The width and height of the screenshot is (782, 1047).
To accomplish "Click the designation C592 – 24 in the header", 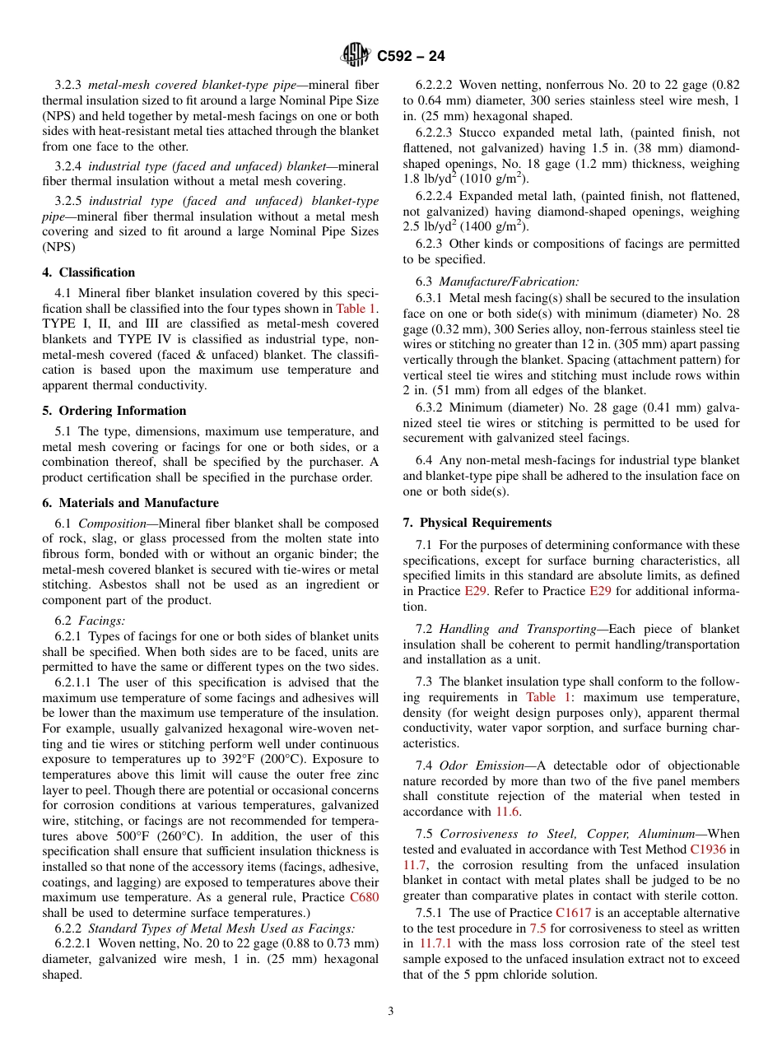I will coord(411,57).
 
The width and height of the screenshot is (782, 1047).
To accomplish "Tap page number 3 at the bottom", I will coord(391,1012).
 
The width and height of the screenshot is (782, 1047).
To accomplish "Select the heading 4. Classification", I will coord(89,272).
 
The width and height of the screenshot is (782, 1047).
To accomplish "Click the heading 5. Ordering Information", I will coord(114,411).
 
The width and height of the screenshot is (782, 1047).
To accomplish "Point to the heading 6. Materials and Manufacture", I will coord(131,503).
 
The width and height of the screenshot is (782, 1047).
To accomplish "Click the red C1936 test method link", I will coord(708,849).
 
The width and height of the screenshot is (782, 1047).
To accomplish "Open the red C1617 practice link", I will coord(572,913).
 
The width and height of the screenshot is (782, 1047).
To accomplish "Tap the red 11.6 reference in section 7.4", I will coord(507,812).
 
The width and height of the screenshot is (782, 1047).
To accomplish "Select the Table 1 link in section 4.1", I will coord(357,308).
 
